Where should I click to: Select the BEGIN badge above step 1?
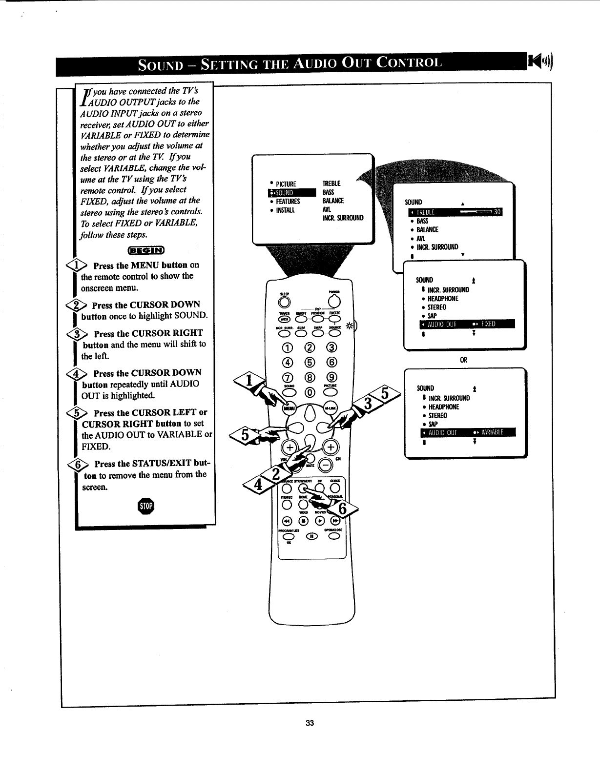pyautogui.click(x=146, y=250)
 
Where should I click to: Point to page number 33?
pyautogui.click(x=309, y=723)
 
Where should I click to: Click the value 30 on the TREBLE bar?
pyautogui.click(x=497, y=211)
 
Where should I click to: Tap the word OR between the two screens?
pyautogui.click(x=464, y=360)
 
